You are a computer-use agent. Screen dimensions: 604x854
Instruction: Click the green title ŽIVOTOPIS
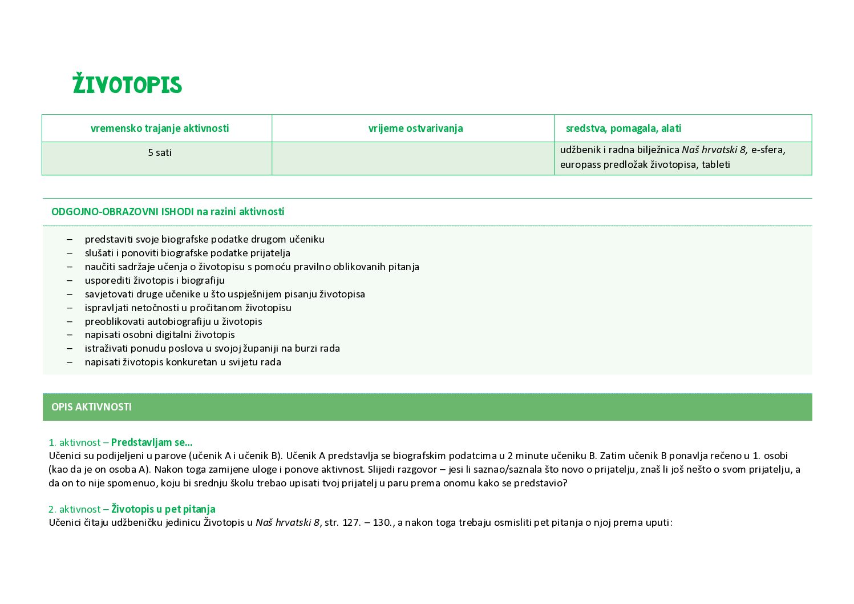127,84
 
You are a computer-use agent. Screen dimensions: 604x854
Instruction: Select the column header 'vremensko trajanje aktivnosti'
159,128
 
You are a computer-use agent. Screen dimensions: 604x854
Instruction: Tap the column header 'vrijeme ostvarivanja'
415,128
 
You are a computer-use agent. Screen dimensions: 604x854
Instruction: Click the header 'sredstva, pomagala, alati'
623,128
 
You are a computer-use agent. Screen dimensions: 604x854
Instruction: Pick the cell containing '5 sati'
159,153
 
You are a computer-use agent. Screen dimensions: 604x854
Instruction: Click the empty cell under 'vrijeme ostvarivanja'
412,158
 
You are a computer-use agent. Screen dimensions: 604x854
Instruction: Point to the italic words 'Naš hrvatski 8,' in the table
715,150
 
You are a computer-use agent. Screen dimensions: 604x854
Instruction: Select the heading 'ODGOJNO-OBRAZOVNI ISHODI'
122,212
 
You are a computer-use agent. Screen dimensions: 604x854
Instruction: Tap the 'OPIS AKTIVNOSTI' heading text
91,407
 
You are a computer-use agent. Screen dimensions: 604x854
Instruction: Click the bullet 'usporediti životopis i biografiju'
155,280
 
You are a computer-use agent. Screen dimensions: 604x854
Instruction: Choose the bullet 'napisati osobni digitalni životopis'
160,335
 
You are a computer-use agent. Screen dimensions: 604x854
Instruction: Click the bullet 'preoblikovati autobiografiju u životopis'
173,321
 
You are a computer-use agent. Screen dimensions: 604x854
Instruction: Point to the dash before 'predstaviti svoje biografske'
70,239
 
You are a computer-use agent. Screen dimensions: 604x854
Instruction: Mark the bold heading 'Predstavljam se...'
152,442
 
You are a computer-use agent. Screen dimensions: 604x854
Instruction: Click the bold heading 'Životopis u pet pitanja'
163,509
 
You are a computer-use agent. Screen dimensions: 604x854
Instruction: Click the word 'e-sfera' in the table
768,150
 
